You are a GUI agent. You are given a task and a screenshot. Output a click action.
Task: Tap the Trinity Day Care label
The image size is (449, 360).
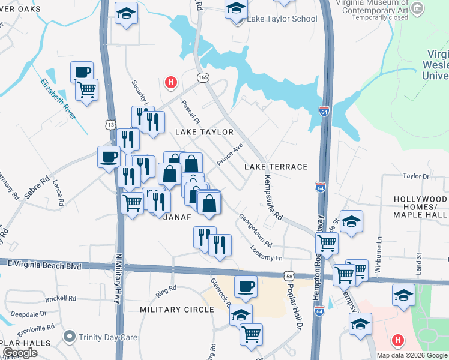point(104,337)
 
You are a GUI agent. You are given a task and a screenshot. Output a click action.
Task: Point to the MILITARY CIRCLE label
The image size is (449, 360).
point(177,310)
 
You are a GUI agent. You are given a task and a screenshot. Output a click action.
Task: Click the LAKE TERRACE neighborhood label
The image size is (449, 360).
point(276,167)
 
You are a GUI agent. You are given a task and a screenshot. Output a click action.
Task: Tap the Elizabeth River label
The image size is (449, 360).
point(58,100)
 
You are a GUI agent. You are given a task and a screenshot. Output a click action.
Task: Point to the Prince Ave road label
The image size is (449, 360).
point(230,155)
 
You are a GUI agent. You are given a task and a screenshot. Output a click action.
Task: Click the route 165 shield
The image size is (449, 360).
point(203,77)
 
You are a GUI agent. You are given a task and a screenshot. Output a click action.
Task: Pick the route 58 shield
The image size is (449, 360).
point(289,275)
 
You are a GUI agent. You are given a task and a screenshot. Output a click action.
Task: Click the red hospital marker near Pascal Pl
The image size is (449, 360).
point(171,82)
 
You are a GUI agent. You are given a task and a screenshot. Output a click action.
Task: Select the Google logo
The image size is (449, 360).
point(20,353)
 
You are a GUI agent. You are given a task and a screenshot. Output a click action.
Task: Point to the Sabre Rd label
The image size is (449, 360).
point(37,188)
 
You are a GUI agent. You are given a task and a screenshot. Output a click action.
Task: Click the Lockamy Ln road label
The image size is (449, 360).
point(266,253)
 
